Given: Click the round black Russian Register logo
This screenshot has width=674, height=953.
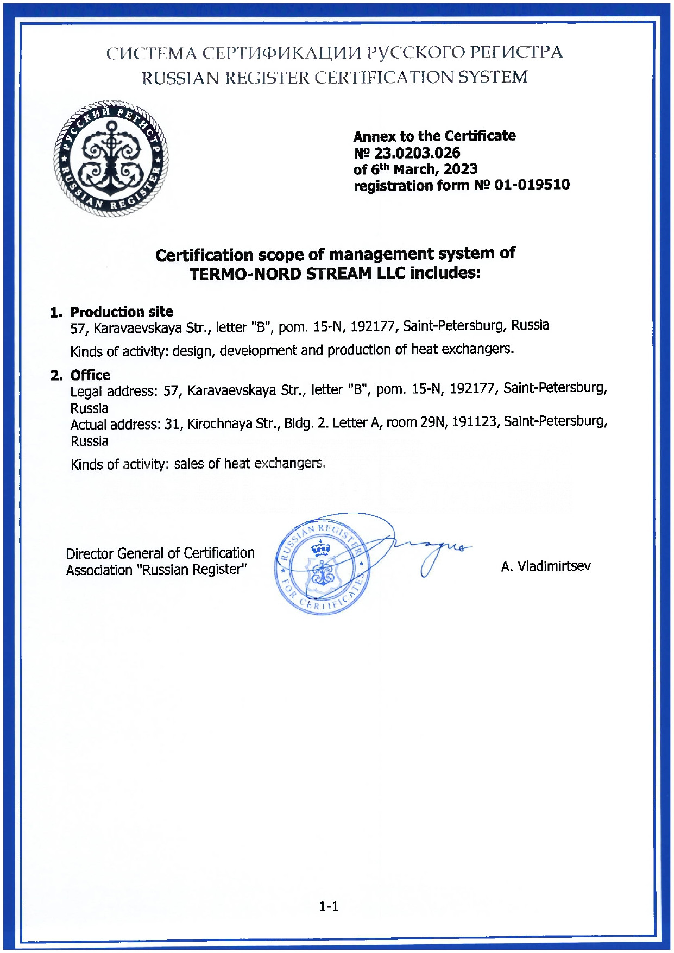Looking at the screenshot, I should pyautogui.click(x=111, y=158).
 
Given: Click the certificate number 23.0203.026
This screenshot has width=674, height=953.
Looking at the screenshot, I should pyautogui.click(x=417, y=153).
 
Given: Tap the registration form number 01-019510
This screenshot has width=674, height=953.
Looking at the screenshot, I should pyautogui.click(x=532, y=185).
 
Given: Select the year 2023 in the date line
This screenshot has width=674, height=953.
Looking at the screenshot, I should pyautogui.click(x=460, y=169).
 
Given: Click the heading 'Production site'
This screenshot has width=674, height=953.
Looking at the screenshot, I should pyautogui.click(x=122, y=312).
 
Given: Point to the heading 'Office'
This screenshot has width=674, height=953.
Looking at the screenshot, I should pyautogui.click(x=90, y=375).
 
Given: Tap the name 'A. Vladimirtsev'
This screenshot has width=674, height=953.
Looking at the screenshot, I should pyautogui.click(x=546, y=567).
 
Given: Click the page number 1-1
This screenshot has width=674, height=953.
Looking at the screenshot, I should pyautogui.click(x=329, y=906).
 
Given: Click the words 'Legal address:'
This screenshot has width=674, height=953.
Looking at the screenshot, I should pyautogui.click(x=114, y=392).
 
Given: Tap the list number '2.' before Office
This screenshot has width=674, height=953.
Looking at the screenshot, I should pyautogui.click(x=56, y=376).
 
